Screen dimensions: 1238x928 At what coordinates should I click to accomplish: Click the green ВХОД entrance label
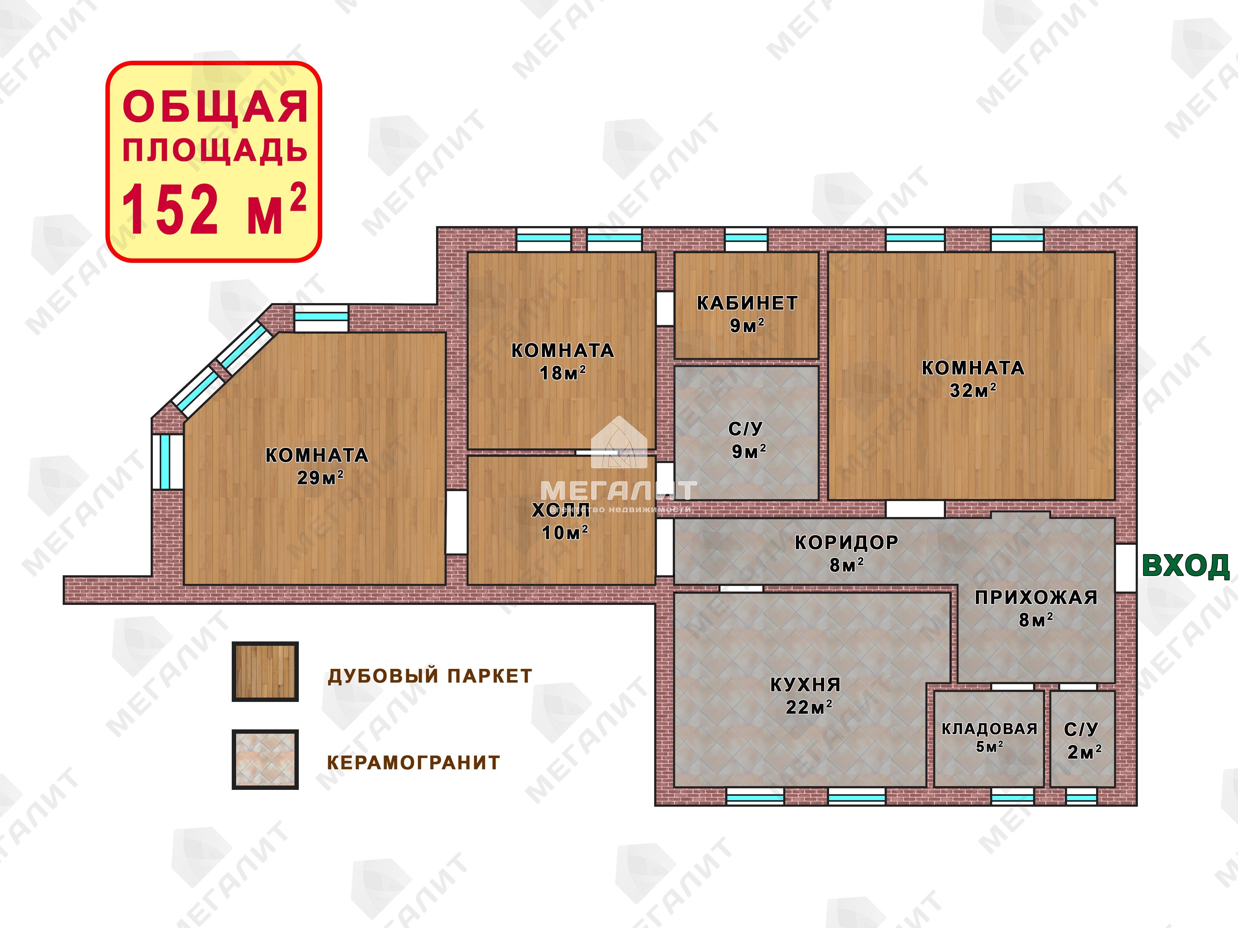(1185, 566)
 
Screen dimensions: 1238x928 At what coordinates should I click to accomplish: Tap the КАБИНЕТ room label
(747, 303)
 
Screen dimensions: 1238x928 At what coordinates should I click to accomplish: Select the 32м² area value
(973, 390)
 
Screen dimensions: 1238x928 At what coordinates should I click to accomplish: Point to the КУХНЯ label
(805, 685)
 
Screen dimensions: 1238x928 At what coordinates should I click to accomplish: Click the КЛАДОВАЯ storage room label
(989, 729)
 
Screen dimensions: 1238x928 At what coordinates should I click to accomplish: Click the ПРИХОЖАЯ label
(1036, 597)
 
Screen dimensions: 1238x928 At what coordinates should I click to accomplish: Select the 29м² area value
(320, 477)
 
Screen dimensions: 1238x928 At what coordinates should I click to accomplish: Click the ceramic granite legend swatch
(265, 759)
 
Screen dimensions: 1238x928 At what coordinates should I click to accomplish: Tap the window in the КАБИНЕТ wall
(746, 239)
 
